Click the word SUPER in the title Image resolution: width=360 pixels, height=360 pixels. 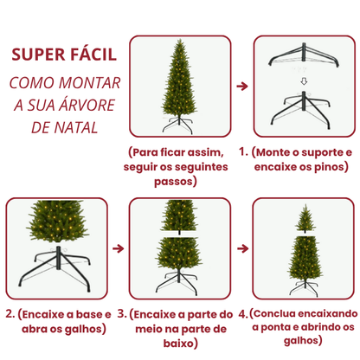(x=35, y=55)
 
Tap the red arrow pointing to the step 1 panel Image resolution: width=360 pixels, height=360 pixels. (x=242, y=87)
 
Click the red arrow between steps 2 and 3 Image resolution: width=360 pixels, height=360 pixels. (x=118, y=249)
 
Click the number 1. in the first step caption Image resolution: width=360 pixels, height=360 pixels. (x=244, y=152)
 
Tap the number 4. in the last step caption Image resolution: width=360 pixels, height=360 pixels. (x=243, y=314)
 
